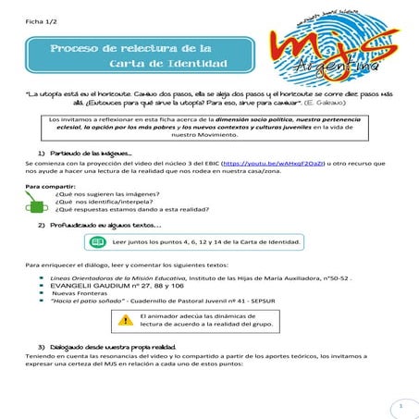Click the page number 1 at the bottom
(401, 404)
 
